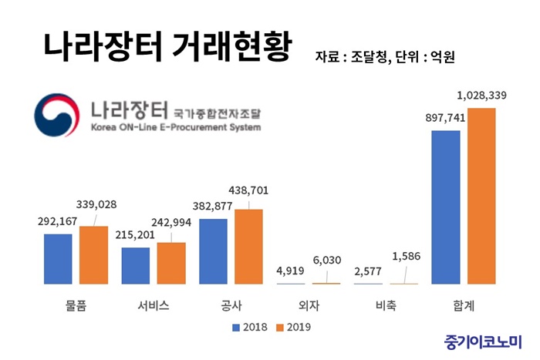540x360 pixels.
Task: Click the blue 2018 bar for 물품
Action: (x=58, y=259)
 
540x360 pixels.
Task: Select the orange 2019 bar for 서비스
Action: (x=170, y=264)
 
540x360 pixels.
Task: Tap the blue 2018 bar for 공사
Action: (x=213, y=251)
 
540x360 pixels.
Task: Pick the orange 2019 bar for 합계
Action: (x=481, y=196)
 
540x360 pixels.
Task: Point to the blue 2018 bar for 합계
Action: (x=446, y=207)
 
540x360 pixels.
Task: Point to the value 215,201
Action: (x=135, y=234)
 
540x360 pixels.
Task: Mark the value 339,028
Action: (x=96, y=204)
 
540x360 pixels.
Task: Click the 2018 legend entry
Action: (x=248, y=327)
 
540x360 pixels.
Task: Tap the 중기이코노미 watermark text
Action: (x=483, y=340)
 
